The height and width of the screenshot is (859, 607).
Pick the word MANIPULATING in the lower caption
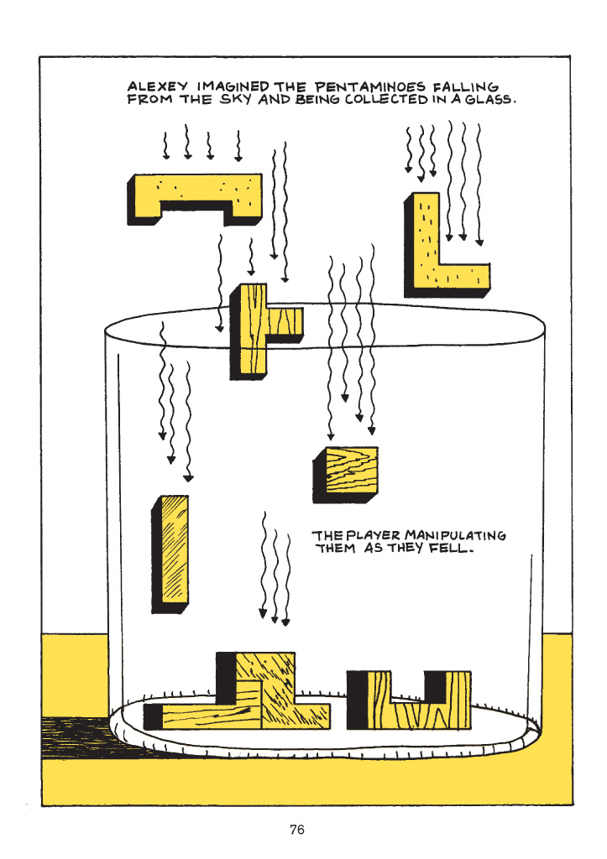[456, 535]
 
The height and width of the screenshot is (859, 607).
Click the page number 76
[297, 830]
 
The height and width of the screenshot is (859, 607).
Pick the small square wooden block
[346, 475]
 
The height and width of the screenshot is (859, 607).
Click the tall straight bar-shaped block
[170, 554]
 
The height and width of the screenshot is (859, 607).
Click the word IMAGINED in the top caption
[233, 86]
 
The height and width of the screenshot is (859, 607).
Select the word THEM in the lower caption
[335, 548]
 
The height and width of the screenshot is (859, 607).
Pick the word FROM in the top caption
[149, 99]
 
